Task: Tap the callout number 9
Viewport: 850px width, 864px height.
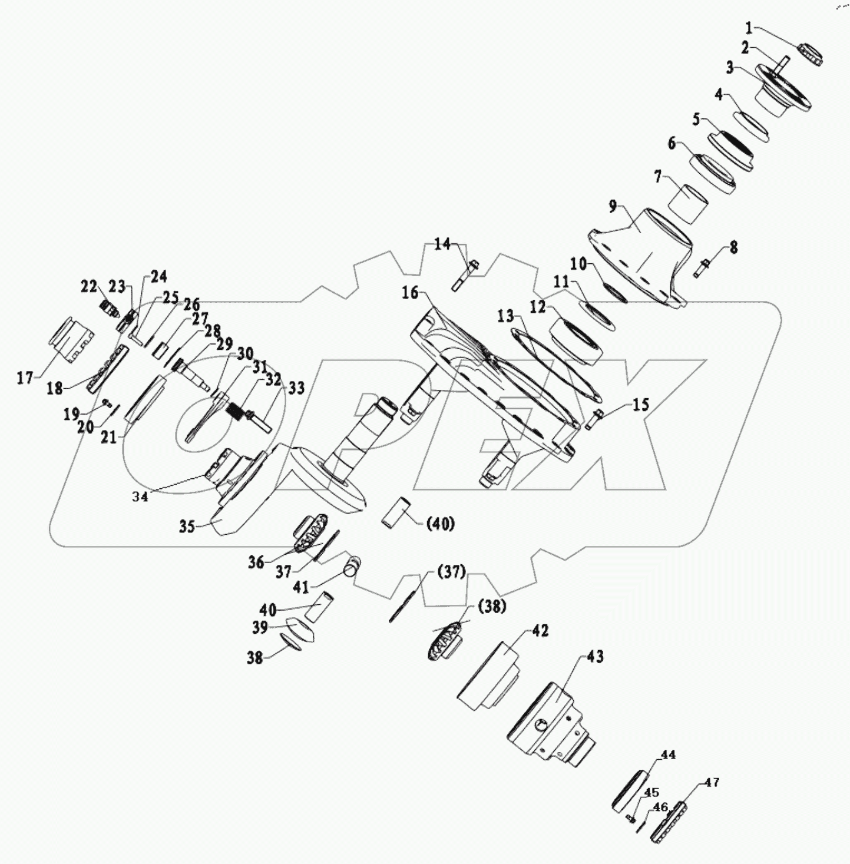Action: (613, 207)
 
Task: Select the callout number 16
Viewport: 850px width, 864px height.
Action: (410, 292)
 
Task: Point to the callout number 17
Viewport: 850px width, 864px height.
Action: (25, 378)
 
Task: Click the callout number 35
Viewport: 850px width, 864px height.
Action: (187, 526)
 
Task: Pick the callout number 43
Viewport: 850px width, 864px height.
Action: (596, 656)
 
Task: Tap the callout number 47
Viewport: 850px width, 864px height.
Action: (712, 783)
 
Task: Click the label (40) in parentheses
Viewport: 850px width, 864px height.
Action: (440, 524)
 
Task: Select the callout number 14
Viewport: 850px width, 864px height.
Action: (442, 243)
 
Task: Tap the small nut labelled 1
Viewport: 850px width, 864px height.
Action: (812, 54)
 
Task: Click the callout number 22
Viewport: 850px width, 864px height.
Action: (89, 287)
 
